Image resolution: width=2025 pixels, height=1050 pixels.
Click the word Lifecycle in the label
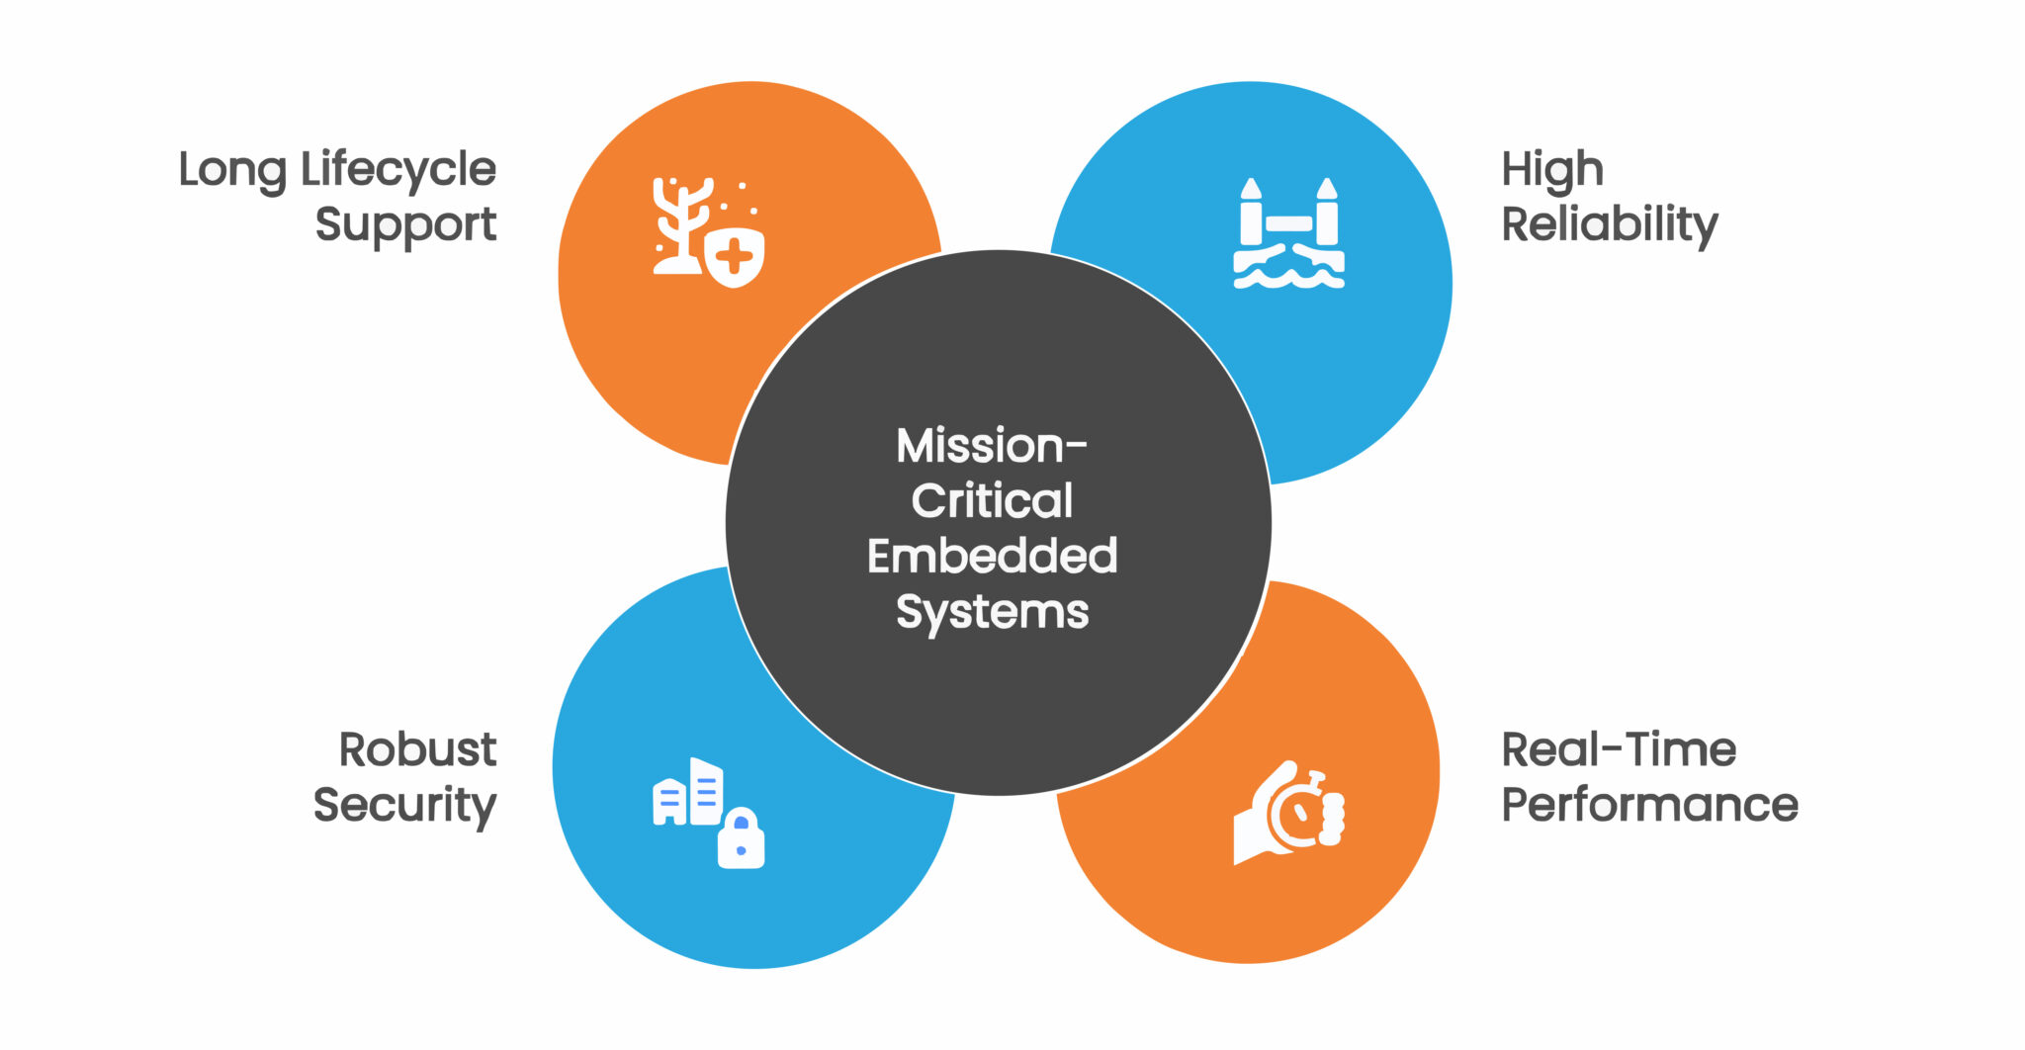398,170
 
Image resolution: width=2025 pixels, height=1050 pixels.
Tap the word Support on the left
405,225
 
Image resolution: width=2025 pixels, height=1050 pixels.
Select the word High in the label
1551,170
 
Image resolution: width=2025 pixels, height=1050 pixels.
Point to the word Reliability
1609,224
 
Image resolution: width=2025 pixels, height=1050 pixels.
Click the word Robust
417,749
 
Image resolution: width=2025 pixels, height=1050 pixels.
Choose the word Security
404,805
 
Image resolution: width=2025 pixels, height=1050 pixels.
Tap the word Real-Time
1618,749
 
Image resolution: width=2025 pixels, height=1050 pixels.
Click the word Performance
1649,805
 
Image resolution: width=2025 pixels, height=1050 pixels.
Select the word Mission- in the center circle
991,446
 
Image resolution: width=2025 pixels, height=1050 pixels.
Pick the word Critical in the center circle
992,500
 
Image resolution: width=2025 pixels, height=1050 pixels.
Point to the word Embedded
992,556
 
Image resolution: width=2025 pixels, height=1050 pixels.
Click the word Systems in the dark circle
992,612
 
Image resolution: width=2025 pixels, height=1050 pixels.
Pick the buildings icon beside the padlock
688,793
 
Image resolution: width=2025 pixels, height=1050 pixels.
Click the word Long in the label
233,170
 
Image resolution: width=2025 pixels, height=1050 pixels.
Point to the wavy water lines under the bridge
1288,272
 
